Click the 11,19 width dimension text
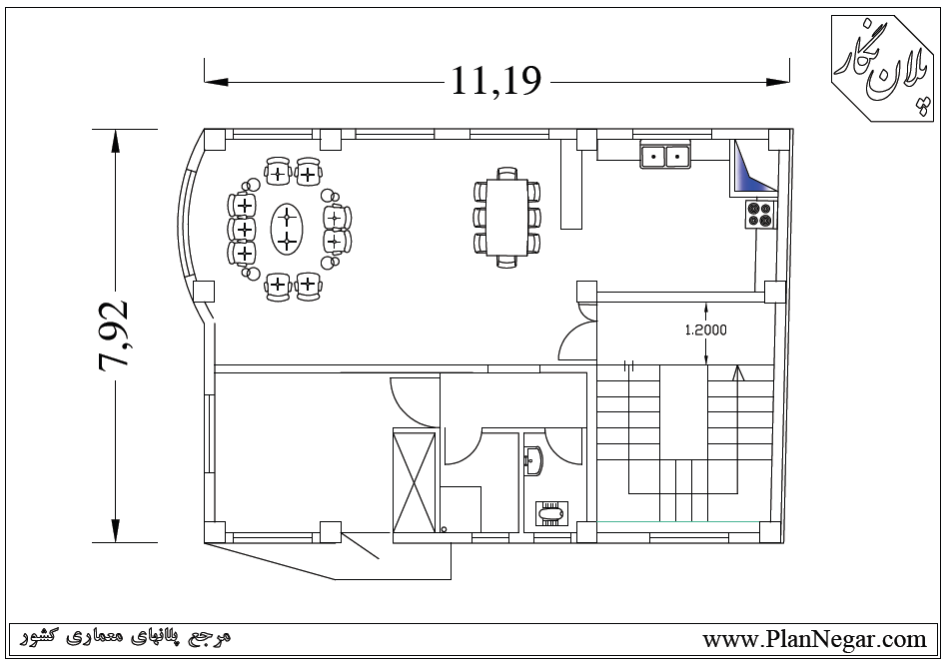click(x=495, y=81)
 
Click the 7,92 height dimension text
click(x=113, y=334)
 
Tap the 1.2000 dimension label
click(x=705, y=330)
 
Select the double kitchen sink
click(x=665, y=155)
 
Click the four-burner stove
click(x=760, y=214)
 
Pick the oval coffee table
click(x=287, y=229)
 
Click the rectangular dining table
click(x=506, y=218)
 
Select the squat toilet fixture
click(x=550, y=513)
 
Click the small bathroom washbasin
click(x=533, y=461)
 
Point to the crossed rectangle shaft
click(x=415, y=481)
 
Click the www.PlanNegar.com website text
click(x=814, y=639)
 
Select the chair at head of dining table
click(x=506, y=173)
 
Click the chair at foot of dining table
click(x=506, y=261)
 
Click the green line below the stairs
click(x=678, y=521)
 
